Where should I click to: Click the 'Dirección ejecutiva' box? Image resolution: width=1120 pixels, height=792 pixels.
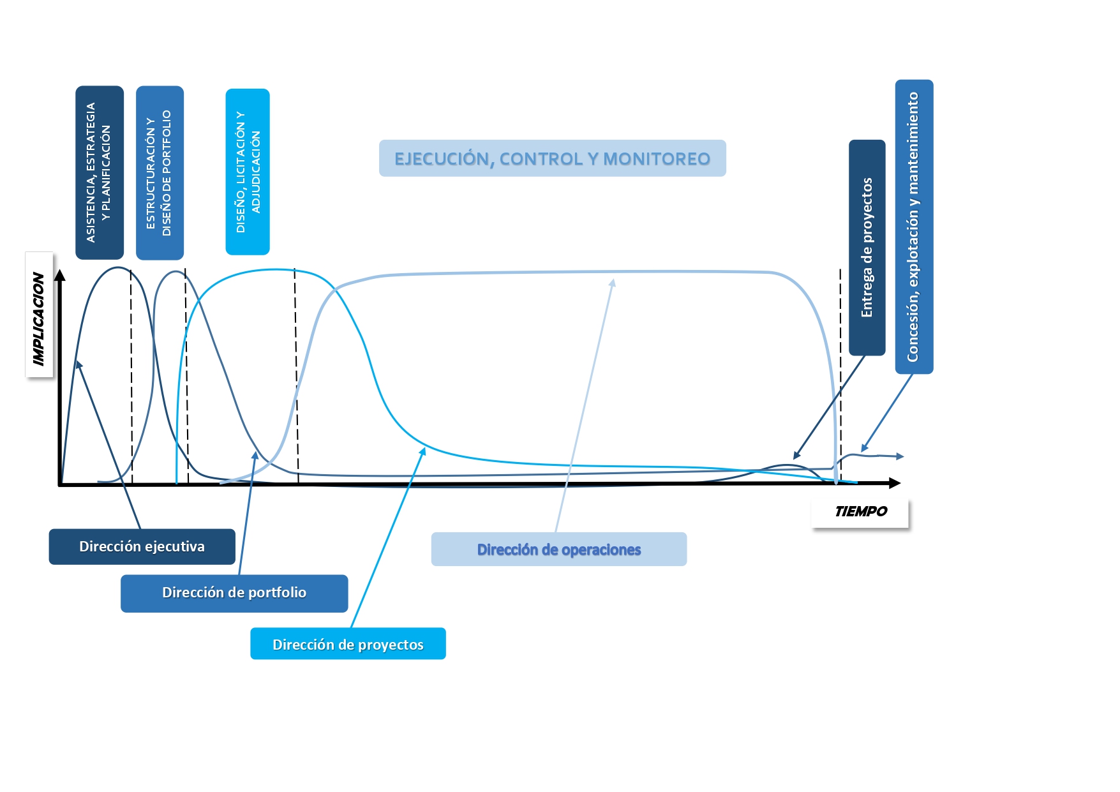pyautogui.click(x=142, y=546)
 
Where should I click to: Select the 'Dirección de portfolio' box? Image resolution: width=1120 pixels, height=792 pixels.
pyautogui.click(x=234, y=594)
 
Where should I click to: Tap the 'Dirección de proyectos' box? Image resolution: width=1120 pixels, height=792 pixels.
pyautogui.click(x=348, y=644)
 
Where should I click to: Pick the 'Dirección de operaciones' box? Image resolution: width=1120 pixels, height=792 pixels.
pyautogui.click(x=559, y=549)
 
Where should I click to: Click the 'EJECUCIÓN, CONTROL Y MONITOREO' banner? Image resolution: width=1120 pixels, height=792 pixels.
pyautogui.click(x=553, y=158)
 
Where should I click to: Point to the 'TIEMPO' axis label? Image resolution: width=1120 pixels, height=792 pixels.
pyautogui.click(x=860, y=511)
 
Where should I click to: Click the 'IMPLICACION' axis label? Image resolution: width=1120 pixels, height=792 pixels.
pyautogui.click(x=39, y=315)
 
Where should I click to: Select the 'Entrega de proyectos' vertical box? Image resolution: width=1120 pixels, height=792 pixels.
pyautogui.click(x=867, y=248)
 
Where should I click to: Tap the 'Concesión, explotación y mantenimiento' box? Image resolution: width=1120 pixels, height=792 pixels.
pyautogui.click(x=914, y=227)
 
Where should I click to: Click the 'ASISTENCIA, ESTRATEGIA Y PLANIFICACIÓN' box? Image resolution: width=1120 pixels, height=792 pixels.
pyautogui.click(x=100, y=173)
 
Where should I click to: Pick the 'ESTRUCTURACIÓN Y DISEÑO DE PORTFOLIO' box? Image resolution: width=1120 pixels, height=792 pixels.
pyautogui.click(x=160, y=173)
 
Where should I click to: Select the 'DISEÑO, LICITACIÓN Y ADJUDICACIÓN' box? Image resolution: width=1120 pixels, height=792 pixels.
pyautogui.click(x=248, y=172)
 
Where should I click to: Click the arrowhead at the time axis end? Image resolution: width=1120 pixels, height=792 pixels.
pyautogui.click(x=895, y=483)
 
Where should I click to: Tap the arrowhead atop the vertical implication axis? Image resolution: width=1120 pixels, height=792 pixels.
pyautogui.click(x=60, y=275)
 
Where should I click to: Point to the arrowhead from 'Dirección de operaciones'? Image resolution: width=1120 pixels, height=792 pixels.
pyautogui.click(x=612, y=283)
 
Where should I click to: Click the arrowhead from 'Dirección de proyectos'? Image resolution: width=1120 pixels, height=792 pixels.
pyautogui.click(x=422, y=451)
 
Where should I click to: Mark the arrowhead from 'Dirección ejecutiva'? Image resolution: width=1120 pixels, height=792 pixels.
pyautogui.click(x=78, y=364)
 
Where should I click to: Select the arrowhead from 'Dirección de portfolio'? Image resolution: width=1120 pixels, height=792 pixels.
pyautogui.click(x=255, y=455)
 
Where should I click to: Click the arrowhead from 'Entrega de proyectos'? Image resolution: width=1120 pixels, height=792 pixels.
pyautogui.click(x=796, y=456)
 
